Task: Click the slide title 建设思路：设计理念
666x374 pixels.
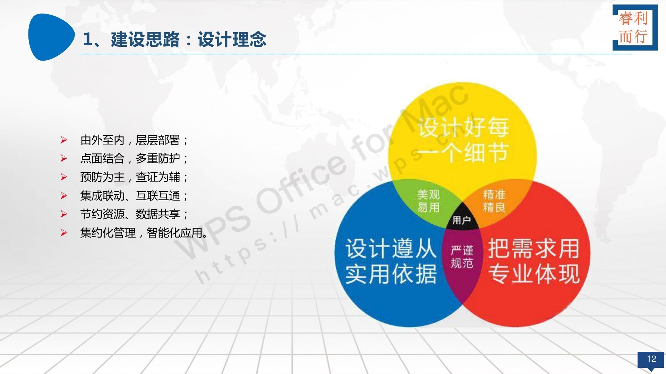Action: click(189, 39)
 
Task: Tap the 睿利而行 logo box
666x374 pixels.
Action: click(635, 27)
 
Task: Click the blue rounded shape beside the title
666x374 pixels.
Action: click(51, 37)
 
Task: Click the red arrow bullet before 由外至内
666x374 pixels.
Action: click(63, 140)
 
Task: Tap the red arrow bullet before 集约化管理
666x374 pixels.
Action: click(63, 232)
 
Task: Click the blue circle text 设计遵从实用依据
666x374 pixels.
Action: click(391, 261)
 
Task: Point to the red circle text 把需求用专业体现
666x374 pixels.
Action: click(534, 261)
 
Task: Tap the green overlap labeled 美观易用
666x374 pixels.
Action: click(428, 201)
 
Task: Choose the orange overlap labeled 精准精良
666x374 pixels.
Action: click(494, 201)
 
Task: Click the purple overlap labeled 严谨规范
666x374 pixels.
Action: click(462, 257)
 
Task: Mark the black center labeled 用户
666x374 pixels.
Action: click(462, 220)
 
